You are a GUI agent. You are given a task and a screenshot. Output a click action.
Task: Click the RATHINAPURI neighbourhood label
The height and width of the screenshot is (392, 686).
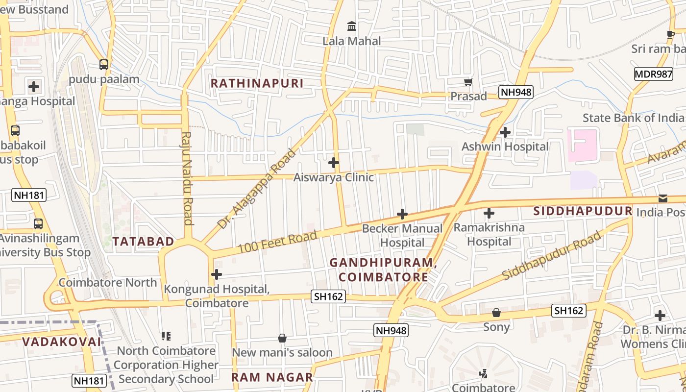pos(257,83)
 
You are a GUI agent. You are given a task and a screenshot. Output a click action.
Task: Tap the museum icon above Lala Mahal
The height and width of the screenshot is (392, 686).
pos(352,26)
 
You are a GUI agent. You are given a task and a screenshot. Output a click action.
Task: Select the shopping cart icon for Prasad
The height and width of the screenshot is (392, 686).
pos(468,82)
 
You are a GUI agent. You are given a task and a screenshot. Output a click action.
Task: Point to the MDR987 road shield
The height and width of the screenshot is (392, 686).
pos(653,74)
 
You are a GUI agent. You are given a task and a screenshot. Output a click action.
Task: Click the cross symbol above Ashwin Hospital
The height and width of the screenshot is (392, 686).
pos(505,132)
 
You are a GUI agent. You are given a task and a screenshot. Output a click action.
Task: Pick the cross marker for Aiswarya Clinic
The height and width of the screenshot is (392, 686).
pos(334,163)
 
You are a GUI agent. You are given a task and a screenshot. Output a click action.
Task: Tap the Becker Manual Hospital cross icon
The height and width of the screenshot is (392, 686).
pos(402,214)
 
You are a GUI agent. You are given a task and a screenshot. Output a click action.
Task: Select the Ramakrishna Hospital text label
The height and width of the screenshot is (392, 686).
pos(489,234)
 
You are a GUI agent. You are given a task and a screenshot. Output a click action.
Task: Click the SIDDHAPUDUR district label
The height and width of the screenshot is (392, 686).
pos(583,211)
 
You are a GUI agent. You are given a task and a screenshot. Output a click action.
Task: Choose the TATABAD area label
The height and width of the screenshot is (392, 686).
pos(143,241)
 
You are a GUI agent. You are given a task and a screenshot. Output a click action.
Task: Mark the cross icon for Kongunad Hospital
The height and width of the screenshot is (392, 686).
pos(217,274)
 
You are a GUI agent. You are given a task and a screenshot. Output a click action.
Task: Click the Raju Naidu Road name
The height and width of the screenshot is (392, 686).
pos(187,177)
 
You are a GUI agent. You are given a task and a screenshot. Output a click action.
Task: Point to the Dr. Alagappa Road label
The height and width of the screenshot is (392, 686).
pos(257,189)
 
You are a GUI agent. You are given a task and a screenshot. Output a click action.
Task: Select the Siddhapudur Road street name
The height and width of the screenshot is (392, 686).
pos(551,256)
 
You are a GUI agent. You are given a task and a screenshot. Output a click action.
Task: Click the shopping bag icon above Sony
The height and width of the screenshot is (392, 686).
pos(496,313)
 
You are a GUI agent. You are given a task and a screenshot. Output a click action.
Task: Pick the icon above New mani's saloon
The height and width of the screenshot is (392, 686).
pos(282,338)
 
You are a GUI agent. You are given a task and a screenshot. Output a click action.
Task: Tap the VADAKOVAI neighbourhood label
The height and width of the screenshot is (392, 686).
pos(62,342)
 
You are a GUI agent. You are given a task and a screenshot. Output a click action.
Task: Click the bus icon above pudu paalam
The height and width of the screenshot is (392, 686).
pos(104,64)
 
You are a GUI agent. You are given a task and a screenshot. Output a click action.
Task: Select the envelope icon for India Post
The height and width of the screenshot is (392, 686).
pos(662,198)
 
